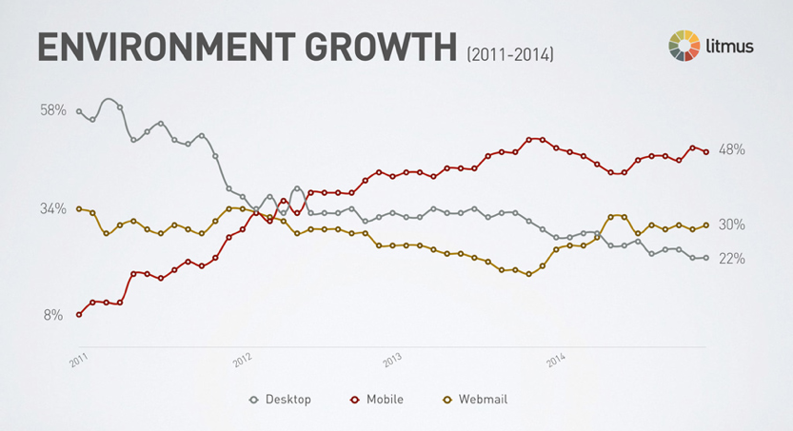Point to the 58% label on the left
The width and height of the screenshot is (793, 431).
52,110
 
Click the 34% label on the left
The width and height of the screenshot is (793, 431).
52,208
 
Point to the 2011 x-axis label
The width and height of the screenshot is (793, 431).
79,358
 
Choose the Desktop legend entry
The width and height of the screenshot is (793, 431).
281,400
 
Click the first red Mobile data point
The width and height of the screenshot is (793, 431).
79,314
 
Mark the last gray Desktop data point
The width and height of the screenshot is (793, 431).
705,258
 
